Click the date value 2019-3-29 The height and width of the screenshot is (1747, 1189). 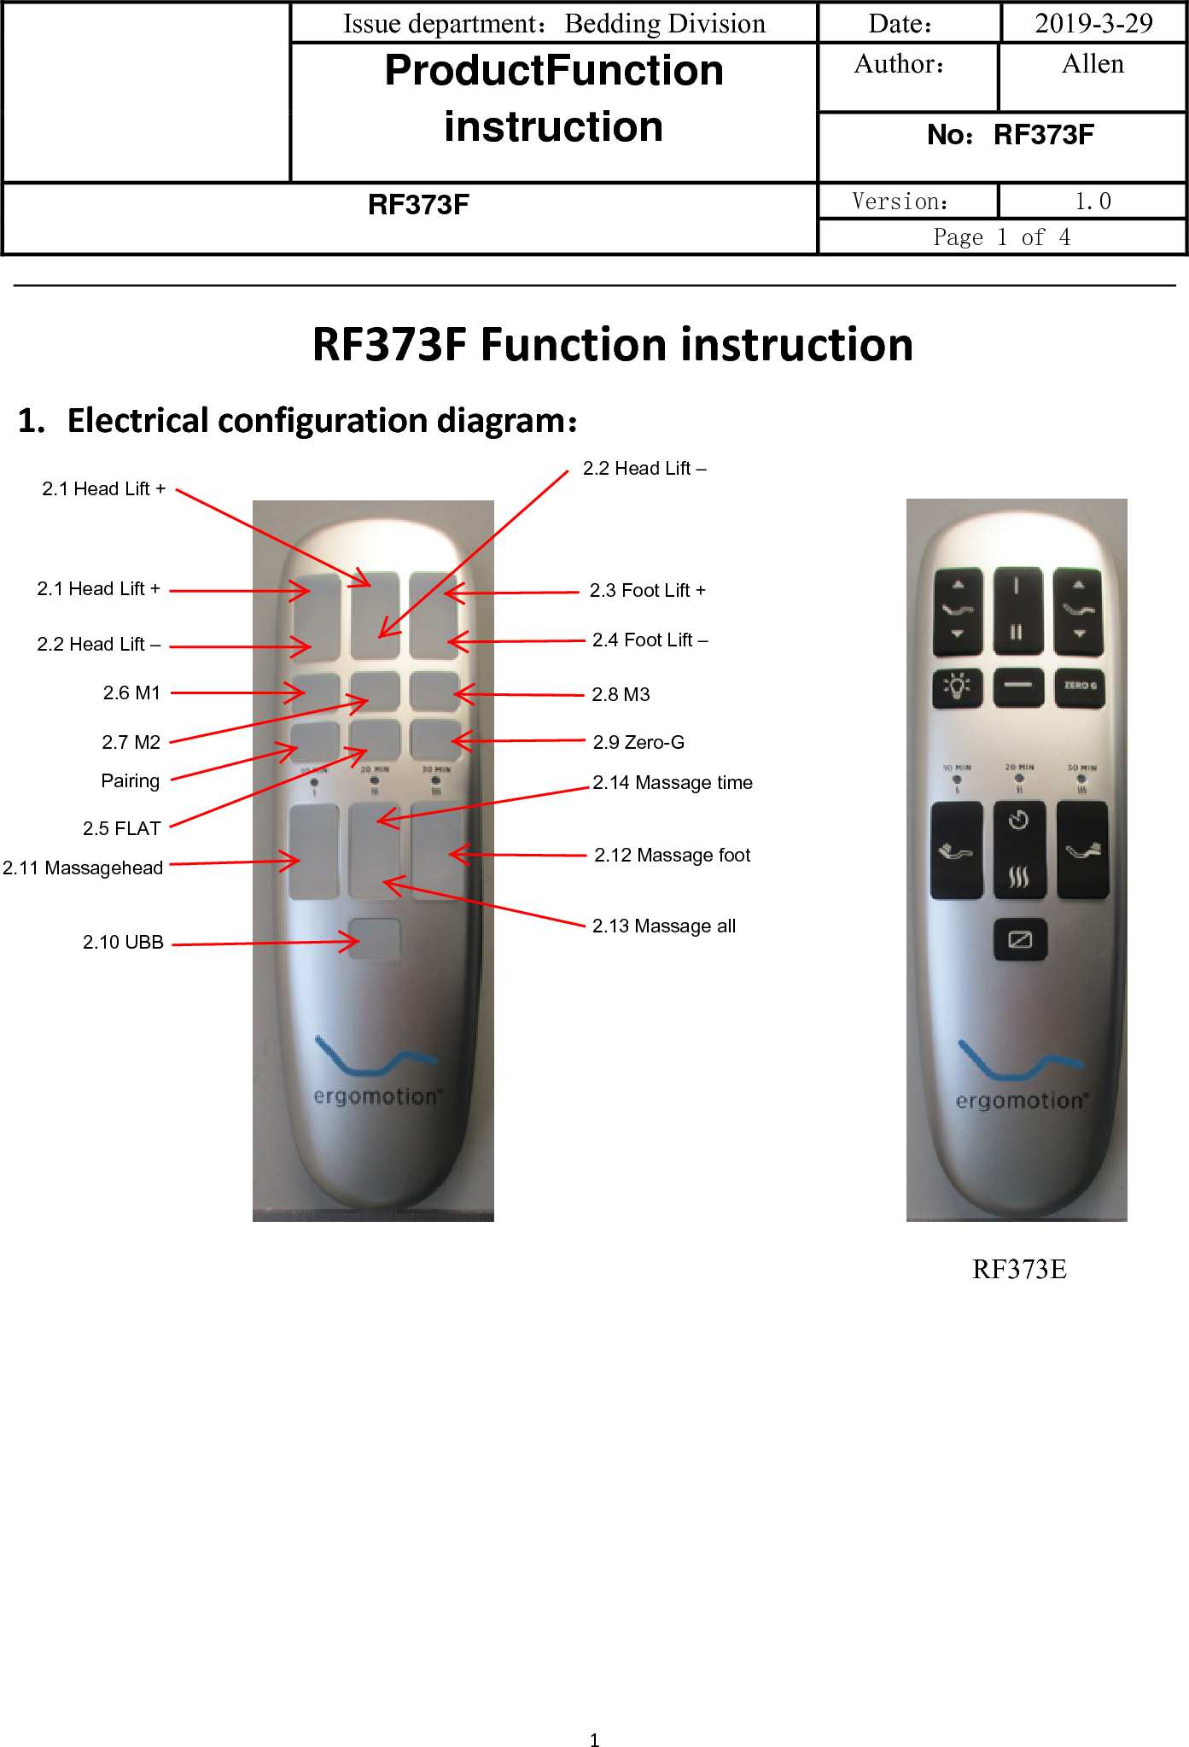(1093, 23)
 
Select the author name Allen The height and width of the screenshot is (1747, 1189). (1093, 64)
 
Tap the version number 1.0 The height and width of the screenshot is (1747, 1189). (1093, 202)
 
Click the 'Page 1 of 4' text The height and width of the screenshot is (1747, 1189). (1001, 237)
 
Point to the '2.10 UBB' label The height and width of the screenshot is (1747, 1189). (123, 942)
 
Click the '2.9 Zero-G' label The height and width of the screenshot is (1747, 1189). (638, 742)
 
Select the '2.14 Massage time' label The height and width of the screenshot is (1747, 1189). (673, 782)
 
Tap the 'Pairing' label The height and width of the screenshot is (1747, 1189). (130, 780)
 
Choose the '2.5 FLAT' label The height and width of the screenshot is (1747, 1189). (121, 828)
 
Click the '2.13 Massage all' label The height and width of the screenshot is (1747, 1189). (664, 926)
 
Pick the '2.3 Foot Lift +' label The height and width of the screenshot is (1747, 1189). (647, 590)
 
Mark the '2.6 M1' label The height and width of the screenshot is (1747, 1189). (131, 692)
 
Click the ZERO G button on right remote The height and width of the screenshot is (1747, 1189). (1080, 687)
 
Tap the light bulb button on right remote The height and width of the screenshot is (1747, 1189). (957, 687)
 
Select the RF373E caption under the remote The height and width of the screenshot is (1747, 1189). (1019, 1270)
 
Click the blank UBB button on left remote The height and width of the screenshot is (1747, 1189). (375, 938)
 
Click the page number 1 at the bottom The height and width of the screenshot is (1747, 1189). (594, 1740)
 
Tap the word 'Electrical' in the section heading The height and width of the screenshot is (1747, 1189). (138, 421)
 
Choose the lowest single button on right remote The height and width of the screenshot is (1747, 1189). (1020, 939)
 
